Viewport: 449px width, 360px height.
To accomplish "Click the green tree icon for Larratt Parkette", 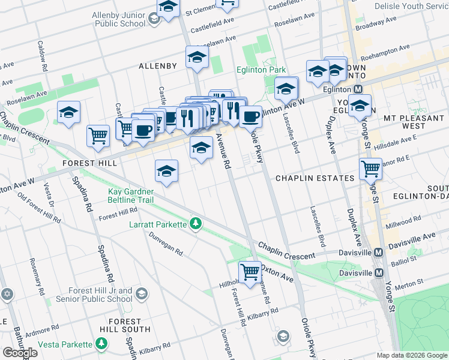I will [194, 224].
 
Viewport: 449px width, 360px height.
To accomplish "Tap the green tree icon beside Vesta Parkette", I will [102, 344].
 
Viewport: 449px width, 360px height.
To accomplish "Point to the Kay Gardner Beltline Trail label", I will [130, 196].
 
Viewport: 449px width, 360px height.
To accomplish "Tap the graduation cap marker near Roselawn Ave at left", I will [69, 112].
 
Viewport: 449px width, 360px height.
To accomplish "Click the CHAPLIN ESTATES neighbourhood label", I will [315, 178].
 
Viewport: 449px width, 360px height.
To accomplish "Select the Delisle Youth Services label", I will [411, 6].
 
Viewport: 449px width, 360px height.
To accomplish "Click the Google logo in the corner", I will [20, 352].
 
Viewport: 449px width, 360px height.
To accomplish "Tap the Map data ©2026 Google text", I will [412, 355].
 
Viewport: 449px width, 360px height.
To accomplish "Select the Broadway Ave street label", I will [376, 23].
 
